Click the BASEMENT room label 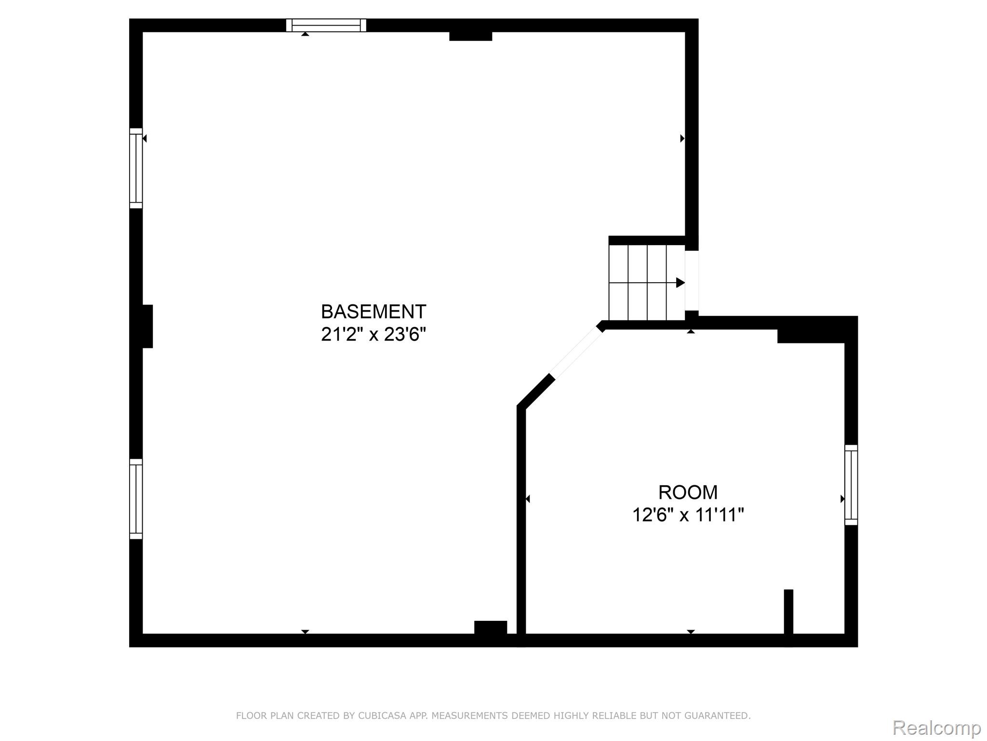click(373, 312)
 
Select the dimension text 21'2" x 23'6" click(373, 334)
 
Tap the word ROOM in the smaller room click(688, 492)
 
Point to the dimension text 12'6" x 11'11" click(688, 515)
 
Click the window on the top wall click(326, 25)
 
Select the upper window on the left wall click(136, 168)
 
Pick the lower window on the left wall click(136, 499)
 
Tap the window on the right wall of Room click(851, 485)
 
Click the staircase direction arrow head click(680, 283)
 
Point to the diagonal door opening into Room click(576, 352)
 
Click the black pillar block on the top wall click(470, 36)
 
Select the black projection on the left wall click(147, 326)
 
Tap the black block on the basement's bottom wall click(491, 627)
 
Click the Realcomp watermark click(937, 728)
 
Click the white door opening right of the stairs click(692, 281)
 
